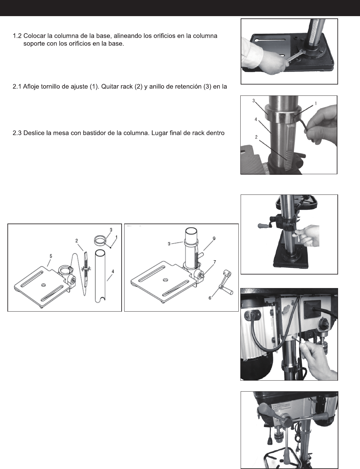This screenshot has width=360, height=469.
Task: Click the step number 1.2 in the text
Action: click(17, 36)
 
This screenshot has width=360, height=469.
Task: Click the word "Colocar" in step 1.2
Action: click(34, 36)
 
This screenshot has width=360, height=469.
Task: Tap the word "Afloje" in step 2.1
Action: click(31, 87)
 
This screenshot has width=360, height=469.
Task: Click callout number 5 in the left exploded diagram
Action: click(51, 256)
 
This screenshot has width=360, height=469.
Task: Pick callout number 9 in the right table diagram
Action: click(214, 238)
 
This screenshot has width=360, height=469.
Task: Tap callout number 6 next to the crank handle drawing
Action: click(210, 298)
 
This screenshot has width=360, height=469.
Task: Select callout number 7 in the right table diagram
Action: click(215, 262)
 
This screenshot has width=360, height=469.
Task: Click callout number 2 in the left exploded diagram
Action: click(77, 241)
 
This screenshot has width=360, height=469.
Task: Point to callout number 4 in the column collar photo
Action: click(256, 119)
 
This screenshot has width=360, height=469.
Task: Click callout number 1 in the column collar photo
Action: click(316, 104)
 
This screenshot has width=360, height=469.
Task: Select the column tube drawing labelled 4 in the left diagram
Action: click(100, 276)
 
